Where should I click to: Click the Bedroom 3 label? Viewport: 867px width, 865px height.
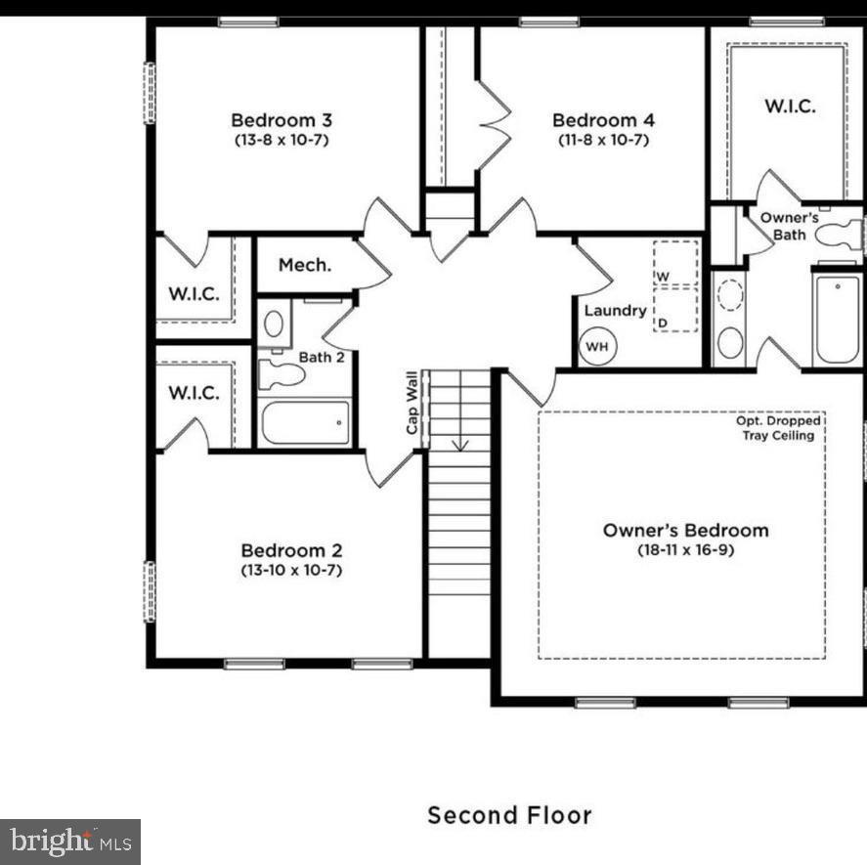(282, 120)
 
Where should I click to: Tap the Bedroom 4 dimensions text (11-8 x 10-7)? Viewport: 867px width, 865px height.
(603, 140)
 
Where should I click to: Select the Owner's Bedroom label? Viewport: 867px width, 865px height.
(685, 531)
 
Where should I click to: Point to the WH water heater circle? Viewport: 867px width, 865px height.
(596, 346)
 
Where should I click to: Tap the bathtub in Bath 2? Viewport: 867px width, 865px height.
(305, 422)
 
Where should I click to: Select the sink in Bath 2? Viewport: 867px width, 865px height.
(274, 323)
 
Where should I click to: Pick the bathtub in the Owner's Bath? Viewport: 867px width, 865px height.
(837, 319)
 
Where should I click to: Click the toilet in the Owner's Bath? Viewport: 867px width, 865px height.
(839, 235)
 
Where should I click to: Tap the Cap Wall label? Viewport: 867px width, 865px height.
(412, 403)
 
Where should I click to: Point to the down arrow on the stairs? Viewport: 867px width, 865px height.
(459, 442)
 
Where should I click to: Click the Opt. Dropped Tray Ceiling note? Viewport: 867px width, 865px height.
(778, 428)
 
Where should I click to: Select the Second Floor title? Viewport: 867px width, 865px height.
(509, 814)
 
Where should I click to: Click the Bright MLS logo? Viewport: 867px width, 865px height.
(69, 840)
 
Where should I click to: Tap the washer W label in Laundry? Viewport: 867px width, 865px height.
(662, 278)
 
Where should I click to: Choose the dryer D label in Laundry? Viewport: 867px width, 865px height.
(662, 322)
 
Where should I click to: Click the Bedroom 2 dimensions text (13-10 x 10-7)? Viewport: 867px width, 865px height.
(291, 570)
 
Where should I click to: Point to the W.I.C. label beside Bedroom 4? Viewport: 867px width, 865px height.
(789, 107)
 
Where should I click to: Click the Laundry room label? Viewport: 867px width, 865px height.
(615, 311)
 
